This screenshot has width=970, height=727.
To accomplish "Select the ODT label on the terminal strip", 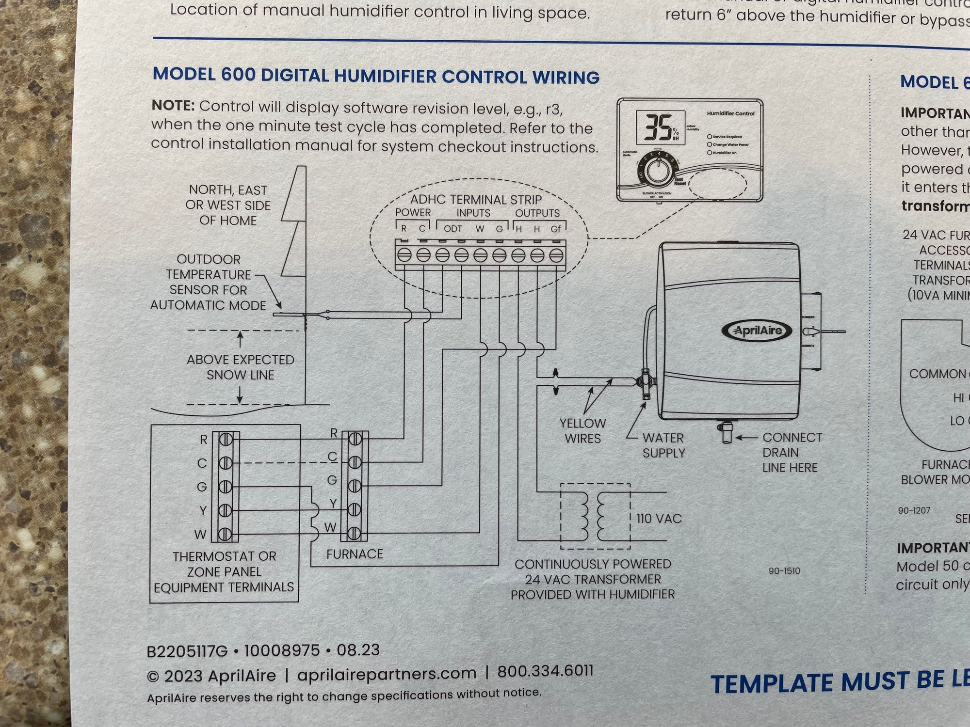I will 453,229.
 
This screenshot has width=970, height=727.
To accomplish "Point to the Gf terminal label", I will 556,229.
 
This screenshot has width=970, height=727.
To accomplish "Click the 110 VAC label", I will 659,519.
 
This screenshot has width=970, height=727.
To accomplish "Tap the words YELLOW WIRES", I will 582,431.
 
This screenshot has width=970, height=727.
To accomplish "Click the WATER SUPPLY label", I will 663,445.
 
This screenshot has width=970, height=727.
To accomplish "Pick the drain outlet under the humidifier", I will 726,433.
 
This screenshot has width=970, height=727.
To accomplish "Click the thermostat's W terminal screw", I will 226,534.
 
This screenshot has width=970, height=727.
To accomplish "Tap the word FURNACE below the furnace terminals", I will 355,554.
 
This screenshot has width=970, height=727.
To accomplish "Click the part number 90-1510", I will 784,571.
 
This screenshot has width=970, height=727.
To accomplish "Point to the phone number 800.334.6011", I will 545,671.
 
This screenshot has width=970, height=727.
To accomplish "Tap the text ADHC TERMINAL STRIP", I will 476,199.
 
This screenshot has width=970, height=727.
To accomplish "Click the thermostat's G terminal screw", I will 226,487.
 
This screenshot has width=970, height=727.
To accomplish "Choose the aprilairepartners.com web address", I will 387,674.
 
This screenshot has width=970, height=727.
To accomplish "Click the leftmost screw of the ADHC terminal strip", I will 404,255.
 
